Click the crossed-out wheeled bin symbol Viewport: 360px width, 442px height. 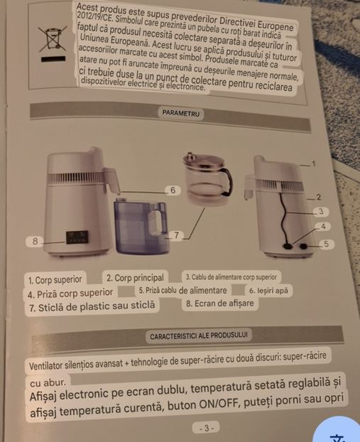tap(53, 38)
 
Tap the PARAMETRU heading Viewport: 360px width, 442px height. tap(181, 113)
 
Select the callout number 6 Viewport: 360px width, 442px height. tap(173, 190)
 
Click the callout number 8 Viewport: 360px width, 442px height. tap(35, 242)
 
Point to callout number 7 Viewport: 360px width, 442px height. tap(176, 235)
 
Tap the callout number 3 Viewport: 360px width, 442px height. tap(321, 212)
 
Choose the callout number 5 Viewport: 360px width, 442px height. tap(326, 244)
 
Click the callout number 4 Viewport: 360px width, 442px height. tap(323, 226)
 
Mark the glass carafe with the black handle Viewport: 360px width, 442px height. tap(208, 177)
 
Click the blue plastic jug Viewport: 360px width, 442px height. tap(141, 225)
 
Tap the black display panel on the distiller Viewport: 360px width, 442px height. tap(77, 237)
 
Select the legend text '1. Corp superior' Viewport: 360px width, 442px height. tap(55, 280)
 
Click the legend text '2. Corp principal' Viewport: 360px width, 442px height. tap(135, 278)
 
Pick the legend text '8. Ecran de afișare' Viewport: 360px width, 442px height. tap(219, 303)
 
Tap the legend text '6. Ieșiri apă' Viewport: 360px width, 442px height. tap(268, 291)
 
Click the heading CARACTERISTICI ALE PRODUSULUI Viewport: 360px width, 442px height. tap(199, 336)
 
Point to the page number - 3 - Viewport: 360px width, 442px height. tap(207, 428)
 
